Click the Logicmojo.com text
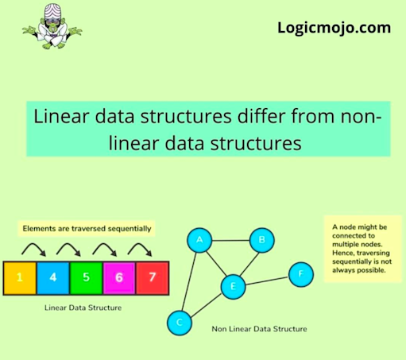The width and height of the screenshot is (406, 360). pos(334,28)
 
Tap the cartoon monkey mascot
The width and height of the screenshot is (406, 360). pos(52,26)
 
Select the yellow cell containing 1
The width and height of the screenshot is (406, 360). pos(20,278)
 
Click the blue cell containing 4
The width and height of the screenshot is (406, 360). pos(53,278)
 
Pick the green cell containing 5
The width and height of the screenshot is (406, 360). pos(86,278)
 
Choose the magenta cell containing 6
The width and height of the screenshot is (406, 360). pos(119,278)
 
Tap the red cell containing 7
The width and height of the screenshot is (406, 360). pos(153,278)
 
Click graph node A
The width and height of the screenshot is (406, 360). pos(199,240)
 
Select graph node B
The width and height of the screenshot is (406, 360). pos(262,240)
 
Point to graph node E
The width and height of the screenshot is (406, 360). pos(233,287)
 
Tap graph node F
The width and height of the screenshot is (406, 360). pos(301,274)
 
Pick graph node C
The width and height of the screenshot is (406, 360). pos(180,323)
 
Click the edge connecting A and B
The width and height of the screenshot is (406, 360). pos(230,241)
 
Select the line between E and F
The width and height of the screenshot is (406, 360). pos(267,281)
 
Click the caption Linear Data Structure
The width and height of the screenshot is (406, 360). pos(83,308)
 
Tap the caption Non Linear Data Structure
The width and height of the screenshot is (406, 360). pos(259,329)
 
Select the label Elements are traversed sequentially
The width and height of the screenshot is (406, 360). pos(87,229)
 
